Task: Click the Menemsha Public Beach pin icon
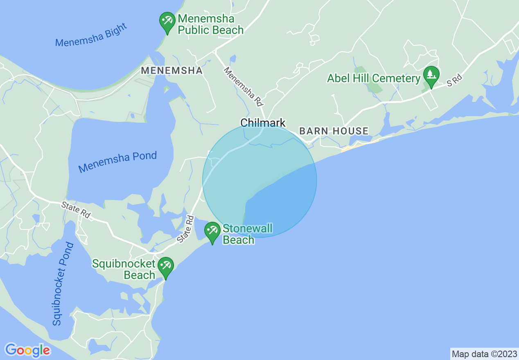[167, 21]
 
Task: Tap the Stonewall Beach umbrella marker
[212, 231]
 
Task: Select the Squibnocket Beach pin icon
[166, 266]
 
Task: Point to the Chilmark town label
[263, 123]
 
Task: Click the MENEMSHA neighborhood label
[171, 71]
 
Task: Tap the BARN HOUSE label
[334, 131]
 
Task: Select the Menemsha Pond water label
[117, 162]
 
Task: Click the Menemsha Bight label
[91, 35]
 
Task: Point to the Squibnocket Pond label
[63, 284]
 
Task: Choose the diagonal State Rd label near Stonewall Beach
[185, 229]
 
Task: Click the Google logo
[28, 350]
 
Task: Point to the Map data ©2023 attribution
[484, 354]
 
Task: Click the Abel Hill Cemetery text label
[374, 78]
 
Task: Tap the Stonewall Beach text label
[247, 234]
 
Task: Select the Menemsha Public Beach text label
[211, 25]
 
